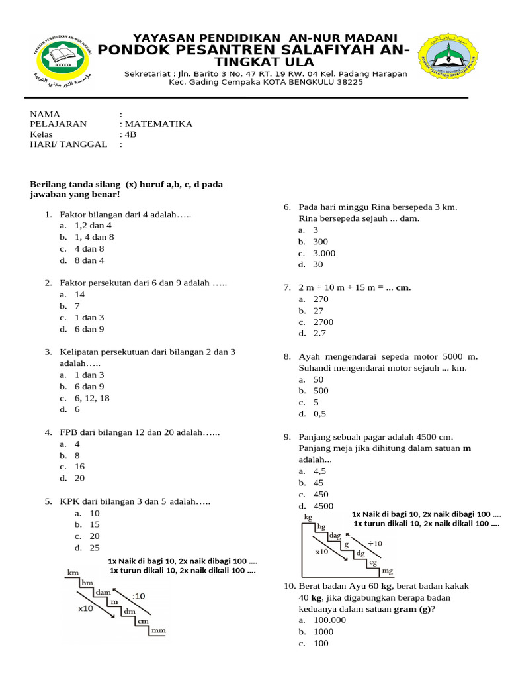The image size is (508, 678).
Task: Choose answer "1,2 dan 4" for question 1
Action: (x=93, y=226)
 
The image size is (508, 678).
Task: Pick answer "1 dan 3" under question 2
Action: (x=89, y=318)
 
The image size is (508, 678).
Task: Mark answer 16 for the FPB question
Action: (x=79, y=466)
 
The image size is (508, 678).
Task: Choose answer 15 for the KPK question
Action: (x=95, y=524)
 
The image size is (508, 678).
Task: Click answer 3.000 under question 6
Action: (x=324, y=253)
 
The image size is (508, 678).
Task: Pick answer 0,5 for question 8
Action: (x=320, y=414)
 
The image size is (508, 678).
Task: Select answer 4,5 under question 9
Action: (x=320, y=471)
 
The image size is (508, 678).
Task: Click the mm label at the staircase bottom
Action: (x=158, y=631)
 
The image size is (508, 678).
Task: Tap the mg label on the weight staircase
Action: (x=388, y=570)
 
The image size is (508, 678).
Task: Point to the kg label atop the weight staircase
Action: (x=308, y=516)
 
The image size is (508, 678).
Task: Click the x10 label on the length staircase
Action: (x=85, y=608)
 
